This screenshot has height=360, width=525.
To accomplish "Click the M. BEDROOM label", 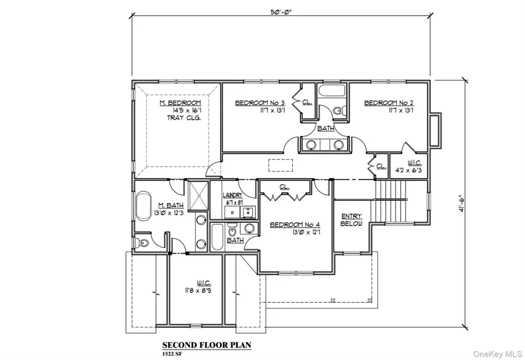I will pos(180,103).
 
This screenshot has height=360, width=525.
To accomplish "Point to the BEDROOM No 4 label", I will pos(293,224).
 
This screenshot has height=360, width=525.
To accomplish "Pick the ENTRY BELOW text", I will pos(351,219).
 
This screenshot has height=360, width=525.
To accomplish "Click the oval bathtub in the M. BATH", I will pos(143,209).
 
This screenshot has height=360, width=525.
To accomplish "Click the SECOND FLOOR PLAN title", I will pos(206,345).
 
